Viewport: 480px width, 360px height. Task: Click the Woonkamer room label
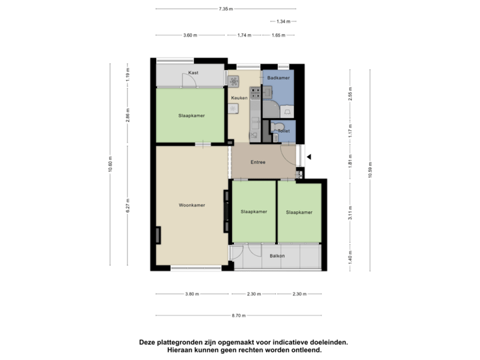click(x=192, y=205)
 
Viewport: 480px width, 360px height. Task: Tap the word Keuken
click(x=239, y=98)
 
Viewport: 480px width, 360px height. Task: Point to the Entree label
click(x=258, y=162)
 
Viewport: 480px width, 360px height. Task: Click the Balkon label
click(x=277, y=256)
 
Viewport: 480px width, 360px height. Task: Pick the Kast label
click(x=193, y=72)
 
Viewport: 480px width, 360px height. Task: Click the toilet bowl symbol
click(x=281, y=126)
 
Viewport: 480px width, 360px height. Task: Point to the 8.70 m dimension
click(x=239, y=315)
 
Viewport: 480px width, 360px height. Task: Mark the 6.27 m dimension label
click(x=127, y=207)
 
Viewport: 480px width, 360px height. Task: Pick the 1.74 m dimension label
click(x=244, y=35)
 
